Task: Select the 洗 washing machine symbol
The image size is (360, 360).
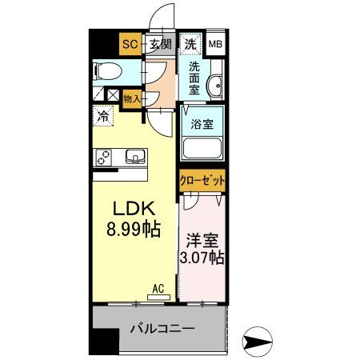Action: [191, 44]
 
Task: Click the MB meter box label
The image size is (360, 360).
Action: [216, 45]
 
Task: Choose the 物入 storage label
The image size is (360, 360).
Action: [132, 99]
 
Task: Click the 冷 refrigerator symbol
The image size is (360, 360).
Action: [102, 115]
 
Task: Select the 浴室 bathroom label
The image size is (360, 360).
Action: [202, 124]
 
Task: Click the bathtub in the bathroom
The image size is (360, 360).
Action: [202, 149]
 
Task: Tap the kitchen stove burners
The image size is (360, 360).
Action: [104, 158]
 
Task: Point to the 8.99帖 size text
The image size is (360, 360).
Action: [133, 230]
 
